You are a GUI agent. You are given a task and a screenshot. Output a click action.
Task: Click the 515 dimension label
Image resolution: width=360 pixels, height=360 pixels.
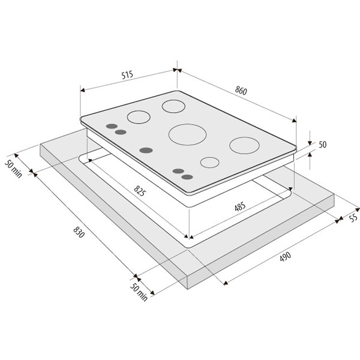127,75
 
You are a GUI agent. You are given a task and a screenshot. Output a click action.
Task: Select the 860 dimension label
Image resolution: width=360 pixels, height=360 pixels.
241,91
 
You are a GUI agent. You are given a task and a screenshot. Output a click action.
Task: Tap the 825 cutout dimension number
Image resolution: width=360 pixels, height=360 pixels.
139,191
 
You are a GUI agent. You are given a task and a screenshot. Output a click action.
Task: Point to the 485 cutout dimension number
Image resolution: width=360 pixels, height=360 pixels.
240,206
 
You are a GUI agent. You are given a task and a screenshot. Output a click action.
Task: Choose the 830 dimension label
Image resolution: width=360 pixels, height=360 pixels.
79,232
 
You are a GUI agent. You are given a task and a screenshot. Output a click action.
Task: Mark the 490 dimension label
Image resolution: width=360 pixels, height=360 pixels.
286,256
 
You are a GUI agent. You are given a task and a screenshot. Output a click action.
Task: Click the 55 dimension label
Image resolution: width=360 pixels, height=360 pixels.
353,217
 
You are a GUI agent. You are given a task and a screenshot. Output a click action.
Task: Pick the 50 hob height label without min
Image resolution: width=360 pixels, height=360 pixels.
323,145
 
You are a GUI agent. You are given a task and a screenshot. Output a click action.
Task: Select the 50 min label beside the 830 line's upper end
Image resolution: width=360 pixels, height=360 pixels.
14,169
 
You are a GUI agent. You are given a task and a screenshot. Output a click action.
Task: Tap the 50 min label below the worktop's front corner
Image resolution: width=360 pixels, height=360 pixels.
139,292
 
